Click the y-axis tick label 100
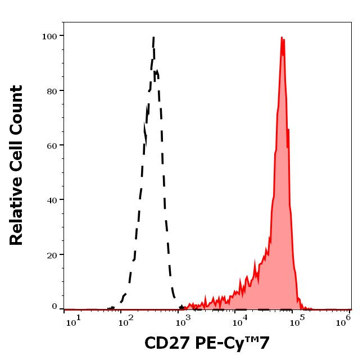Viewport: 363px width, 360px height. click(50, 37)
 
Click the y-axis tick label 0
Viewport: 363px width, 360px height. click(55, 307)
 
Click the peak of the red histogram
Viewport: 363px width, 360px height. click(282, 38)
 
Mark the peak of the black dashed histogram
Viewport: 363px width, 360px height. click(153, 38)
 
